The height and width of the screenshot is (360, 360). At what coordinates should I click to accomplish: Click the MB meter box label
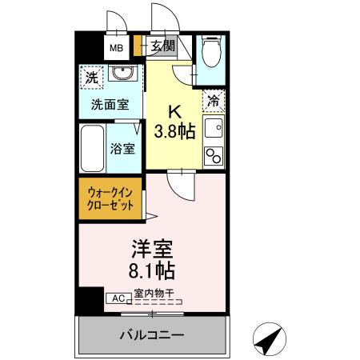[x=116, y=46]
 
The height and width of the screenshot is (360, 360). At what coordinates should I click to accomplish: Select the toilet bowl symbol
[x=211, y=53]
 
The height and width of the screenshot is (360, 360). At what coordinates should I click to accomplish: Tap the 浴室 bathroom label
[x=122, y=148]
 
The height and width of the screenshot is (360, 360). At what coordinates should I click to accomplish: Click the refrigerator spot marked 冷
[x=214, y=100]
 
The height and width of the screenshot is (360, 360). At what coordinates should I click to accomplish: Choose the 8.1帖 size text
[x=152, y=270]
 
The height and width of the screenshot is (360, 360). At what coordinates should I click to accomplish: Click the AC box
[x=117, y=298]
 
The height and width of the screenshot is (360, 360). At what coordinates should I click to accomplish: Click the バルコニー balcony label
[x=152, y=334]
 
